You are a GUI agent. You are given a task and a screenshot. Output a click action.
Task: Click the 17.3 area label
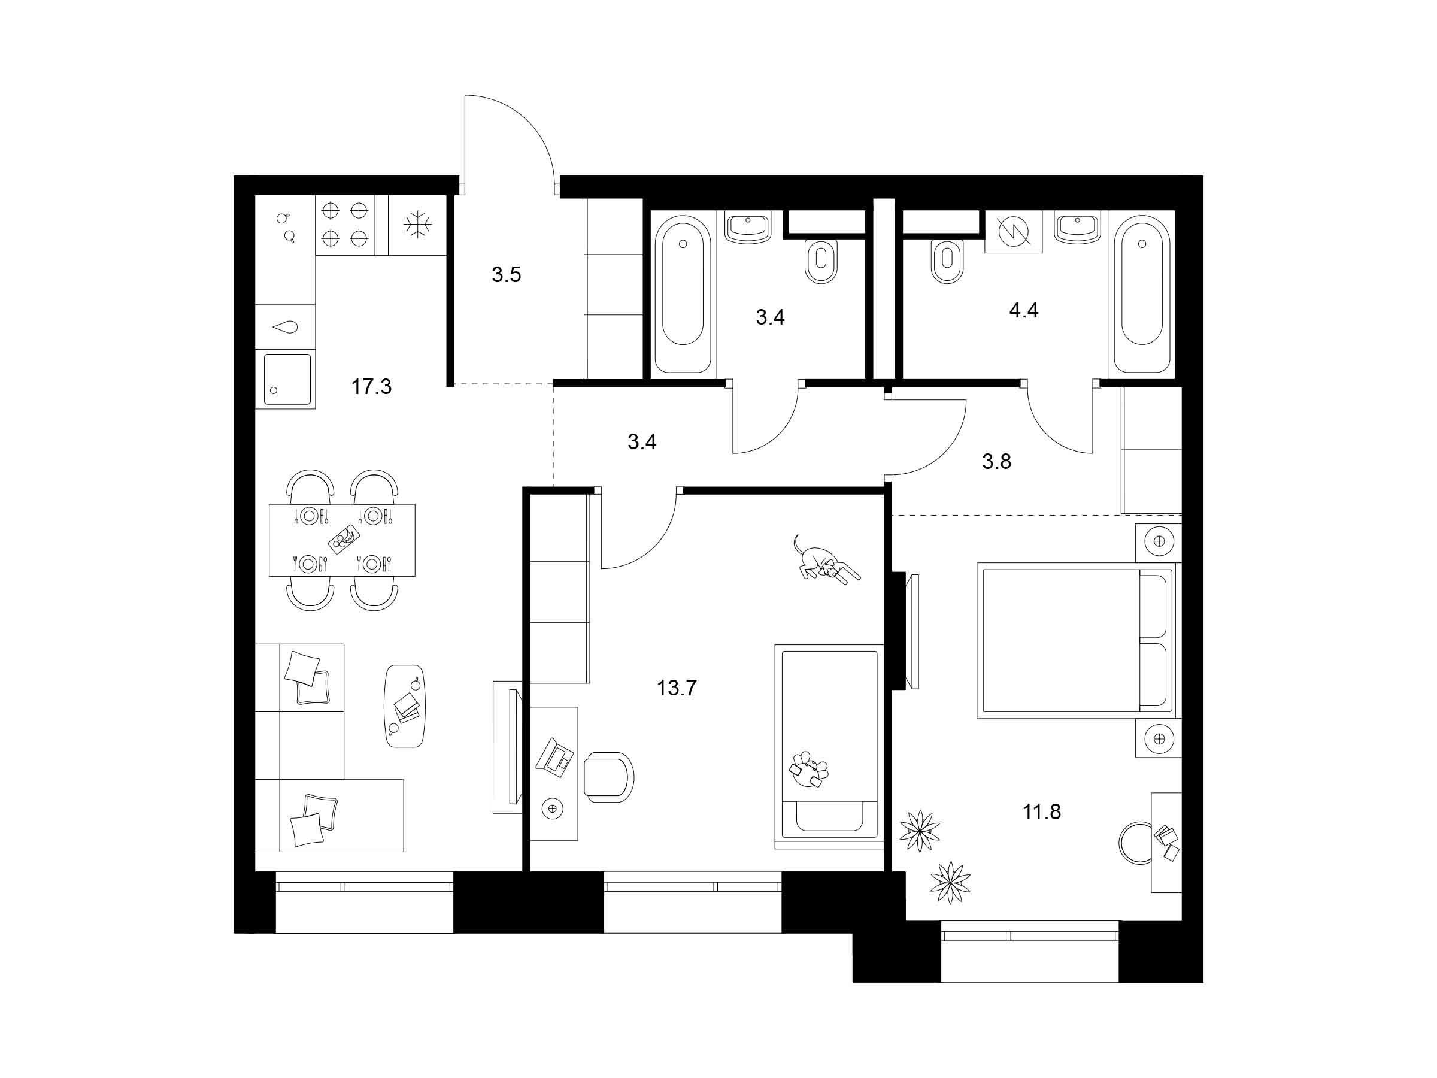pyautogui.click(x=372, y=387)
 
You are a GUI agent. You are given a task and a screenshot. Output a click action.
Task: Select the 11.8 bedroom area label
pyautogui.click(x=1041, y=811)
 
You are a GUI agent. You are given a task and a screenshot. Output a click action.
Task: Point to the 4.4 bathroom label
pyautogui.click(x=1023, y=311)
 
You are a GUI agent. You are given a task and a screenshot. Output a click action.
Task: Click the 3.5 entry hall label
pyautogui.click(x=506, y=275)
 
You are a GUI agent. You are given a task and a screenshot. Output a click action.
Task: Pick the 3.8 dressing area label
pyautogui.click(x=996, y=461)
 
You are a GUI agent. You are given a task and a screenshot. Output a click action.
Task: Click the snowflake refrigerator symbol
pyautogui.click(x=417, y=225)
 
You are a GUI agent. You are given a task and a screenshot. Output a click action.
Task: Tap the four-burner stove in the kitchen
pyautogui.click(x=345, y=225)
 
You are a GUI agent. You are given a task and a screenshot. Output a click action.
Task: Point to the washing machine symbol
pyautogui.click(x=1014, y=231)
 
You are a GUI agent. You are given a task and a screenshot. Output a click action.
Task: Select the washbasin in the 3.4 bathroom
pyautogui.click(x=748, y=228)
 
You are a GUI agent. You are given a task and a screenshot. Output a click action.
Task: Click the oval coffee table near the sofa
pyautogui.click(x=405, y=705)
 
